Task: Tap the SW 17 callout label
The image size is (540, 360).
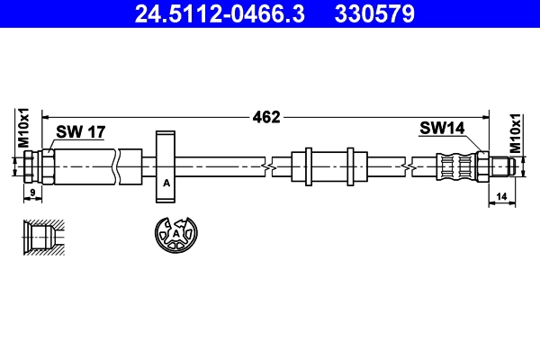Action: click(x=81, y=132)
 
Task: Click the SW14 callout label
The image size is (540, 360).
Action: click(x=441, y=128)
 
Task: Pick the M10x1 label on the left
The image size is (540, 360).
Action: click(x=25, y=127)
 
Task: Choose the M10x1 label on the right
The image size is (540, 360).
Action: click(x=516, y=133)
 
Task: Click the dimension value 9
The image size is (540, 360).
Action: click(x=32, y=193)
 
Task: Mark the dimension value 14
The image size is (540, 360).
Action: click(x=501, y=194)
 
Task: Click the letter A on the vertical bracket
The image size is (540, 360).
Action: click(x=166, y=184)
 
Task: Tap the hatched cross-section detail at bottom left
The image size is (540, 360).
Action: click(x=42, y=238)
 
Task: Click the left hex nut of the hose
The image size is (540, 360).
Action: click(x=31, y=166)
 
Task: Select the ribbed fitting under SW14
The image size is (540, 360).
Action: click(x=456, y=166)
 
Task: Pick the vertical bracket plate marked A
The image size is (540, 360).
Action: click(x=166, y=167)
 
